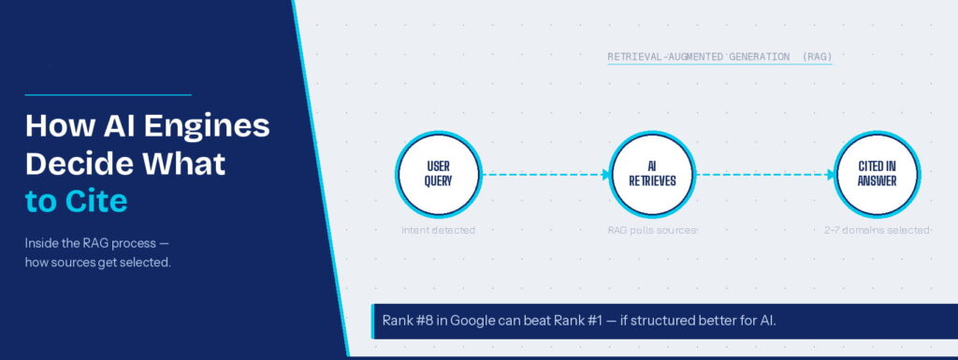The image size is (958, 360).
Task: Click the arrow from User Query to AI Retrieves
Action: click(545, 175)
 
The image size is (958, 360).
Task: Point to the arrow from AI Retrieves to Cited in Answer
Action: click(765, 175)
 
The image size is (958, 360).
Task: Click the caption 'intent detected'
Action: click(438, 231)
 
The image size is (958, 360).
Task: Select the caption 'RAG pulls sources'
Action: click(652, 231)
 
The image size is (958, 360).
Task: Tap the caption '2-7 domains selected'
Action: click(877, 231)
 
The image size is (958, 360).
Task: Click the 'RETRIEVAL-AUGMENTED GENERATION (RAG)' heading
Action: click(719, 57)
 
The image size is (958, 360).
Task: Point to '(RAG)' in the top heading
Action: click(817, 57)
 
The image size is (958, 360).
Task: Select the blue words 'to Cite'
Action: click(76, 201)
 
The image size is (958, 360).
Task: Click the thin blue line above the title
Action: click(109, 95)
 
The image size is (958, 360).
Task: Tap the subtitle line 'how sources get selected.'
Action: click(97, 264)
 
